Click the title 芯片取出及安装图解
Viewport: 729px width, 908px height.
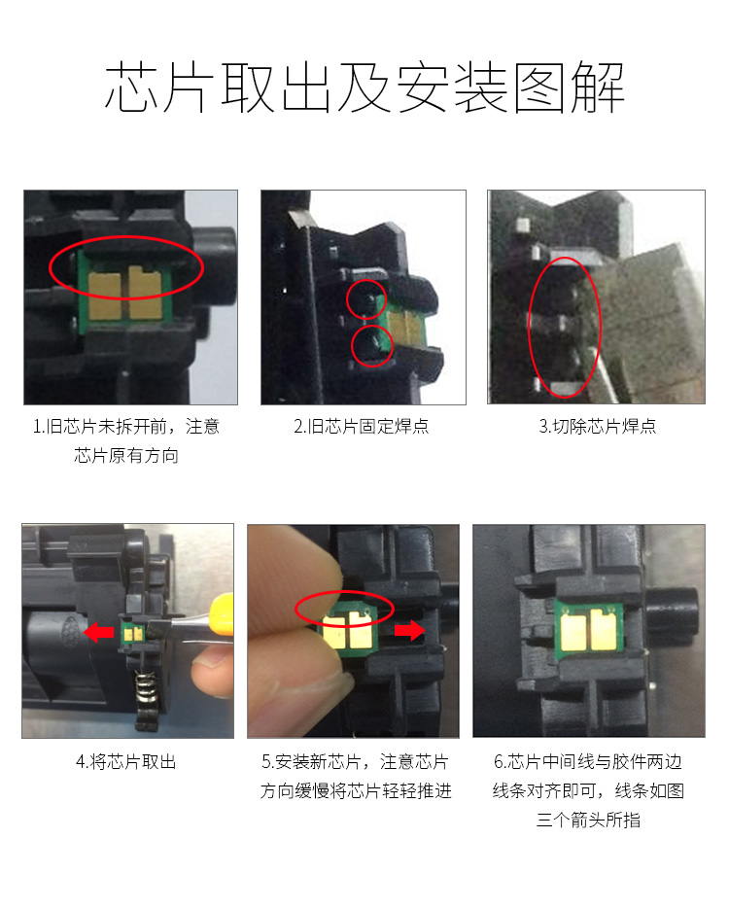364,88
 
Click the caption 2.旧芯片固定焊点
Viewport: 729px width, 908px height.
362,426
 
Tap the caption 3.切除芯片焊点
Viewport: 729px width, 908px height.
598,426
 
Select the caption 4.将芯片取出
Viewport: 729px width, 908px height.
126,762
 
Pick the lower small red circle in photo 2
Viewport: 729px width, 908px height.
371,346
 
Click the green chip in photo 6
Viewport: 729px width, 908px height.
589,629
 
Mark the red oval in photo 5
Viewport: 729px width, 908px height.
345,610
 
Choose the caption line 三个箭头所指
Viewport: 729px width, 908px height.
588,821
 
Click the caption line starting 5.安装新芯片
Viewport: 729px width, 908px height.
355,762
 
